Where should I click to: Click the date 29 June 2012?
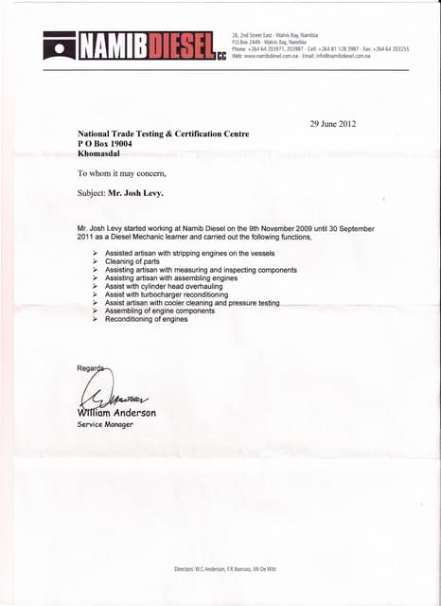(x=333, y=124)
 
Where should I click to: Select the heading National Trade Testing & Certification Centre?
(x=164, y=134)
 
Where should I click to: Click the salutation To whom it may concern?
(x=121, y=173)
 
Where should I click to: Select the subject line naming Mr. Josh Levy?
(x=120, y=192)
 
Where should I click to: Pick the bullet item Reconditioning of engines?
(x=146, y=319)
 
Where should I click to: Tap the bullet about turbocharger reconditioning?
(x=167, y=294)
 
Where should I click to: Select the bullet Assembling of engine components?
(x=159, y=311)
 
